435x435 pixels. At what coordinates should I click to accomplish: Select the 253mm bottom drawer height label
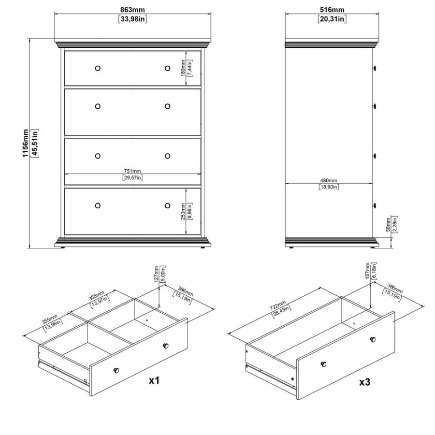point(182,211)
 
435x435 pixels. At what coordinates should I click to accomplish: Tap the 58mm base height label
point(388,226)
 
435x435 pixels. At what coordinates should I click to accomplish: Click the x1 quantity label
point(154,381)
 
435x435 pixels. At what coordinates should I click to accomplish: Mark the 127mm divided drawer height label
point(156,276)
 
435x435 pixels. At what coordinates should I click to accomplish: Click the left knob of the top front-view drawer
point(98,68)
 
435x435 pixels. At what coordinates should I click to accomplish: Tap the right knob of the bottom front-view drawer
point(167,205)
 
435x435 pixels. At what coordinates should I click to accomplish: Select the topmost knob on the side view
point(375,69)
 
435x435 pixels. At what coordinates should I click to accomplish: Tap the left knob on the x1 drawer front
point(116,370)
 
